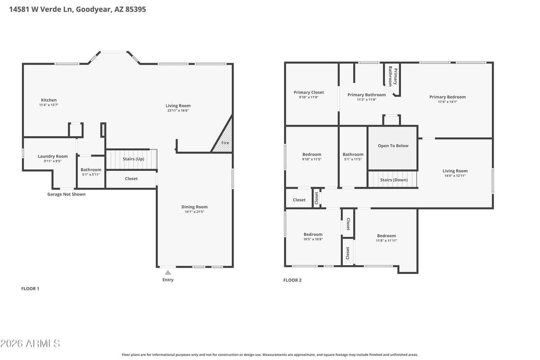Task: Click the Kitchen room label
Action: tap(49, 100)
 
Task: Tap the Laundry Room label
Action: tap(53, 156)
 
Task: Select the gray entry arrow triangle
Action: tap(168, 272)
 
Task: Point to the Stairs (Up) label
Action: tap(133, 159)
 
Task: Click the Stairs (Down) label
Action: tap(393, 180)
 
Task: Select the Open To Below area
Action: tap(393, 146)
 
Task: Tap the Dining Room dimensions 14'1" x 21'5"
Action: tap(194, 211)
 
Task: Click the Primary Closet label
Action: tap(309, 92)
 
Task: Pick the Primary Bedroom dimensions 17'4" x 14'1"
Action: tap(447, 102)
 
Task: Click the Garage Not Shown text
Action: tap(66, 194)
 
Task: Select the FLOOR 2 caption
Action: tap(292, 280)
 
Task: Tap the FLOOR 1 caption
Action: tap(31, 288)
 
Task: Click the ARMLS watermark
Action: tap(30, 344)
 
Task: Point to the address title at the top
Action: tap(77, 9)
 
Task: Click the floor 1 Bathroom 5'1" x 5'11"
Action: tap(91, 172)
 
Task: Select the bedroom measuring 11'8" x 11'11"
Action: tap(387, 238)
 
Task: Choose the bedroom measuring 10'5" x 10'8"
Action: tap(313, 237)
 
